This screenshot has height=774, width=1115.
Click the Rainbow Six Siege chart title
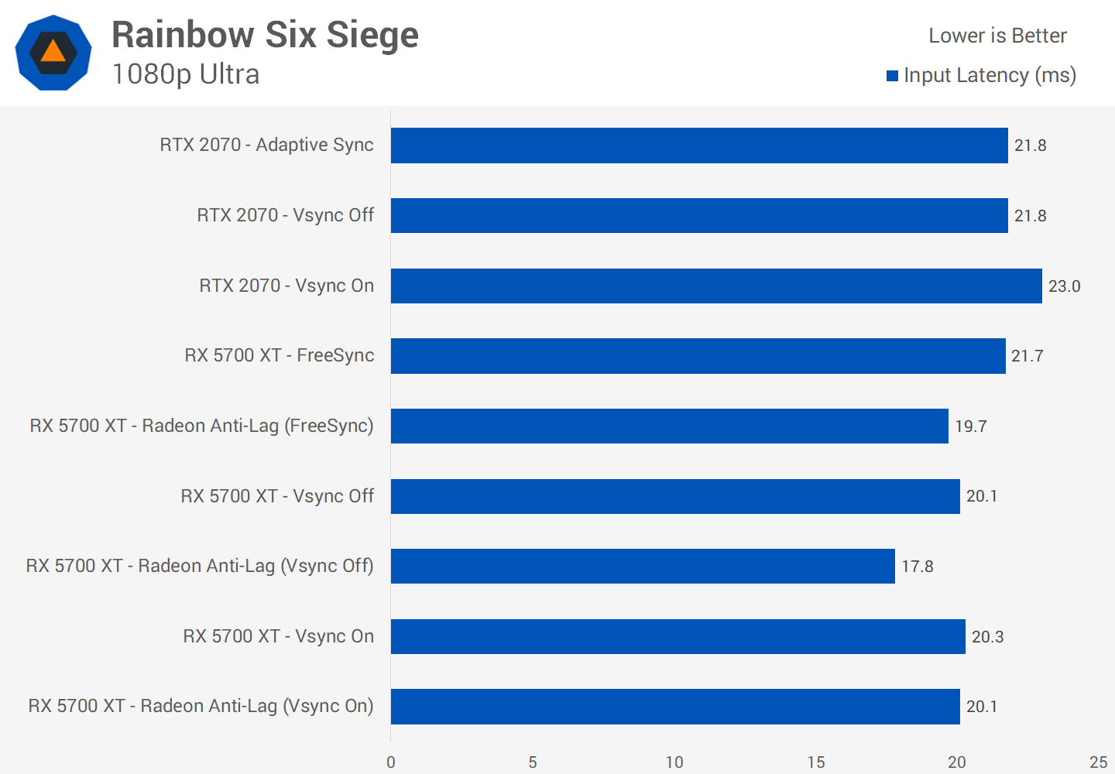tap(265, 35)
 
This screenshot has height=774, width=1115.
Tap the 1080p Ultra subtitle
tap(186, 74)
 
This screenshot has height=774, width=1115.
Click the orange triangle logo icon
tap(53, 52)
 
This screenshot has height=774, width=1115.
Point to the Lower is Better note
tap(997, 36)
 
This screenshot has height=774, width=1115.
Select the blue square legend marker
tap(892, 76)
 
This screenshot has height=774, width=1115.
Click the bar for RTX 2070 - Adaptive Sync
tap(699, 146)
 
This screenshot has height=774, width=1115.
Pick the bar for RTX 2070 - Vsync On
tap(716, 286)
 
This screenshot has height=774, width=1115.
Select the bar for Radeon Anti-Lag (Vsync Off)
tap(643, 566)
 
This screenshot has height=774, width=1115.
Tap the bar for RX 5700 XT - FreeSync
tap(698, 356)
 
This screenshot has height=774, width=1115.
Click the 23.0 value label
tap(1064, 286)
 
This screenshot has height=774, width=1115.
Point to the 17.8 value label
tap(917, 567)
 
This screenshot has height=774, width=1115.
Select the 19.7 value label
tap(970, 426)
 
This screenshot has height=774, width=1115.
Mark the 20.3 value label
tap(987, 637)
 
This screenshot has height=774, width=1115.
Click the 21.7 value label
tap(1027, 356)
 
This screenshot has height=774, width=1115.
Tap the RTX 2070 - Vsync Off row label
tap(285, 215)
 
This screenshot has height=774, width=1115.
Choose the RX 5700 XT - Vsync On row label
tap(278, 636)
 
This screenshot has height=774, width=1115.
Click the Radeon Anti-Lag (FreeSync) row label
tap(201, 426)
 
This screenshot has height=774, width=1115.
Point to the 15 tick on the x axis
tap(815, 762)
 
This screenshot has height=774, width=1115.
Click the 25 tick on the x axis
tap(1098, 762)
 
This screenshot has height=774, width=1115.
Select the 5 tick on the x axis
tap(533, 762)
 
